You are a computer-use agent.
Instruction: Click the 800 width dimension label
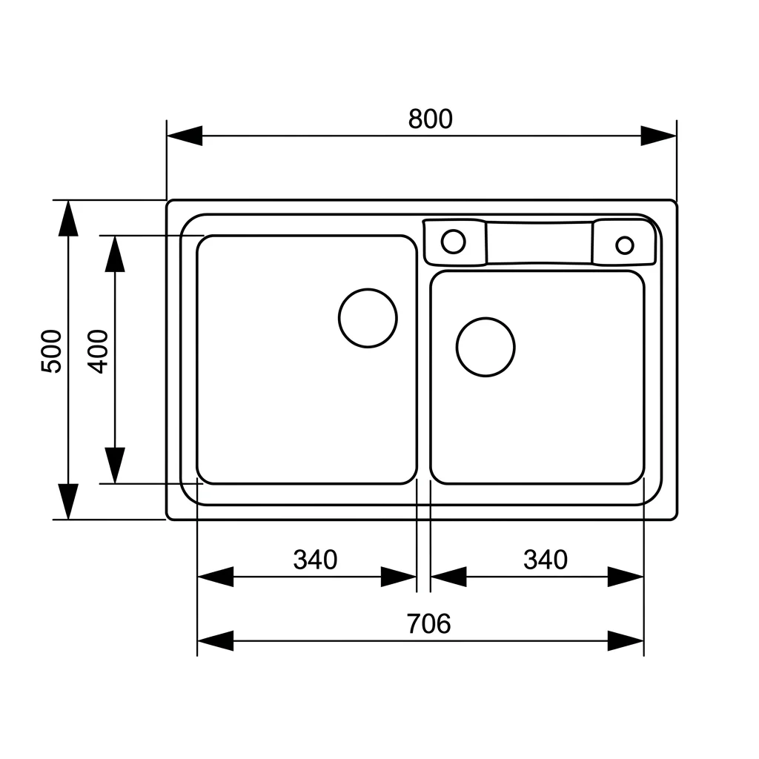click(431, 119)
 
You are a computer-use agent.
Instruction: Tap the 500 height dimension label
click(52, 351)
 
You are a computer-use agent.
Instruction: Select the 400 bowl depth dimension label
click(99, 351)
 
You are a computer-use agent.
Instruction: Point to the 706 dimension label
click(428, 623)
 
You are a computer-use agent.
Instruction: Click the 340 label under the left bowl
click(315, 559)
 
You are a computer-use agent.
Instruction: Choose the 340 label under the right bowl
click(545, 559)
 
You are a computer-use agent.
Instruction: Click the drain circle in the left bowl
click(368, 318)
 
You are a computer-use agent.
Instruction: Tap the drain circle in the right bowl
click(485, 347)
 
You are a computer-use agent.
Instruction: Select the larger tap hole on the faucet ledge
click(454, 241)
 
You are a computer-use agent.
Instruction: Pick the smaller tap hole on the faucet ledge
click(624, 245)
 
